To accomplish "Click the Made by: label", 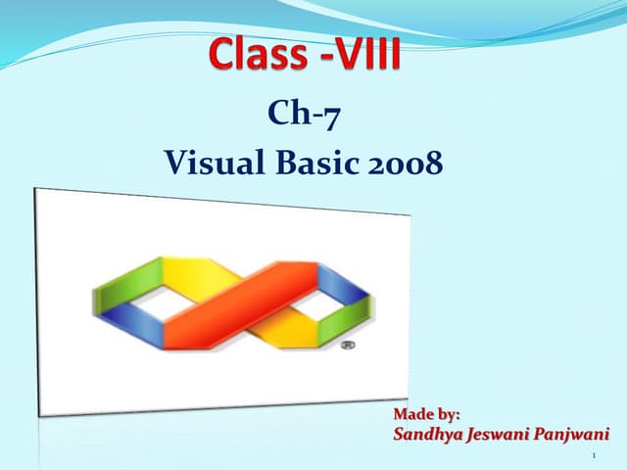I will (425, 415).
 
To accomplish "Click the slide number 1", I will (596, 456).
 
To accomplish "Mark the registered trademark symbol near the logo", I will (347, 347).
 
